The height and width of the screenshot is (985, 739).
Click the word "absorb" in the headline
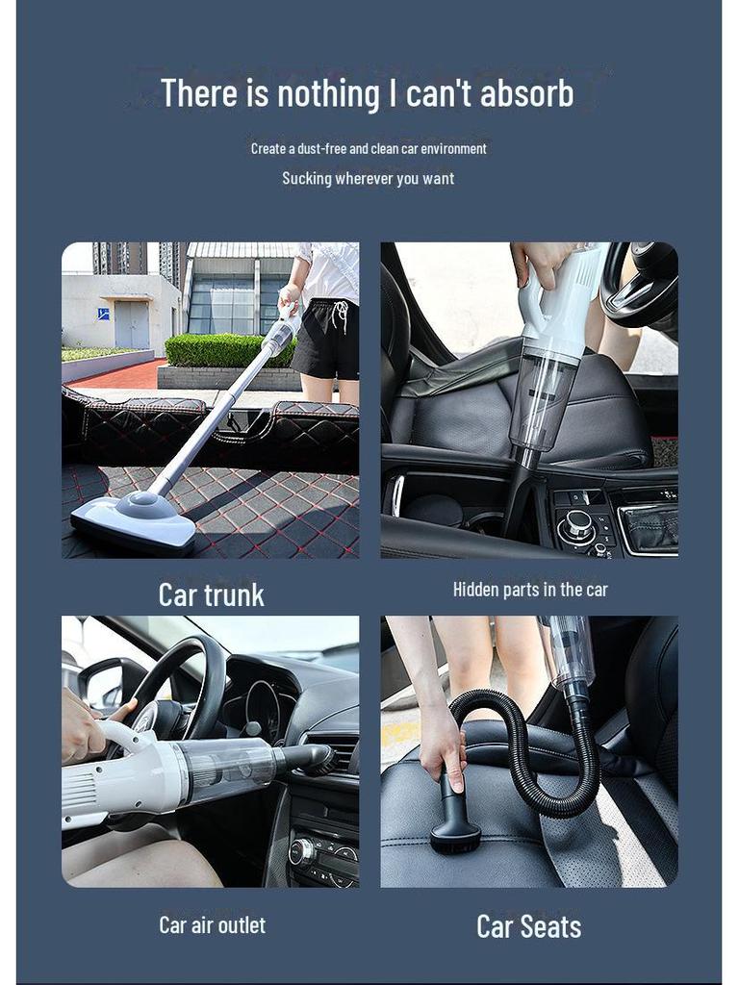pos(526,93)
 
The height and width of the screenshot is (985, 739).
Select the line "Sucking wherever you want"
pos(368,178)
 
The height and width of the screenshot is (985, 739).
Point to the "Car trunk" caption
pos(211,594)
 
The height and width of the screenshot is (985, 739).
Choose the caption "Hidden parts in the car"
pos(530,589)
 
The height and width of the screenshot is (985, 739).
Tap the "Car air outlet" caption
pos(212,924)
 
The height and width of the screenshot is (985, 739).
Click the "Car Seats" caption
pos(528,926)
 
